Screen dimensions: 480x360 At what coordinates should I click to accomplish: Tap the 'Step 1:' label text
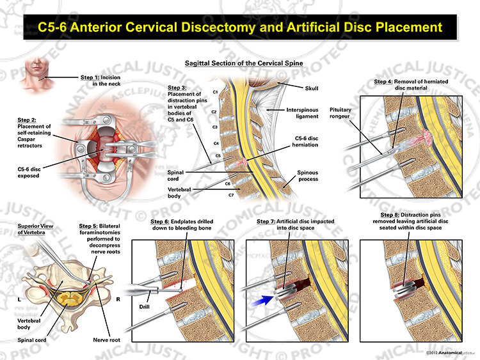coord(90,77)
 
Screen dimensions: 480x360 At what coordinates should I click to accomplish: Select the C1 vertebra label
coord(215,92)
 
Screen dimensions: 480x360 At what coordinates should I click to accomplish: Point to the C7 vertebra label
coord(231,195)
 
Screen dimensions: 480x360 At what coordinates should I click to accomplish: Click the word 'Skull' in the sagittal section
coord(312,88)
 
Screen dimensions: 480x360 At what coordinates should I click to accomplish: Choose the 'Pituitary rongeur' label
coord(340,113)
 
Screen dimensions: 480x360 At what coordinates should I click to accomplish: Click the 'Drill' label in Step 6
coord(144,306)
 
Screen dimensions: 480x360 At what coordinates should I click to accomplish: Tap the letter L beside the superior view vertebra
coord(19,299)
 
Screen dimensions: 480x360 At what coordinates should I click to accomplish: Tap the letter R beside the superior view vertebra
coord(118,299)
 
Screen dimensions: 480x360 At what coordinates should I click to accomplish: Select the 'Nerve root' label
coord(106,340)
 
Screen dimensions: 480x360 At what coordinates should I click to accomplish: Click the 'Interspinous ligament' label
coord(302,113)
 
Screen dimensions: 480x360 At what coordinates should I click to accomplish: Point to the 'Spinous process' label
coord(308,176)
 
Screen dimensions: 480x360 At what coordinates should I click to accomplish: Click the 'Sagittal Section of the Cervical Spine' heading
coord(244,63)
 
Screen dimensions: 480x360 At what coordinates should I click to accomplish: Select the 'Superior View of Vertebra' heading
coord(35,229)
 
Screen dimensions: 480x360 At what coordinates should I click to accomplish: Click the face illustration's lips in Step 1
coord(36,67)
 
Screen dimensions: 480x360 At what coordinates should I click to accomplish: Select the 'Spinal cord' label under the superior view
coord(32,340)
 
